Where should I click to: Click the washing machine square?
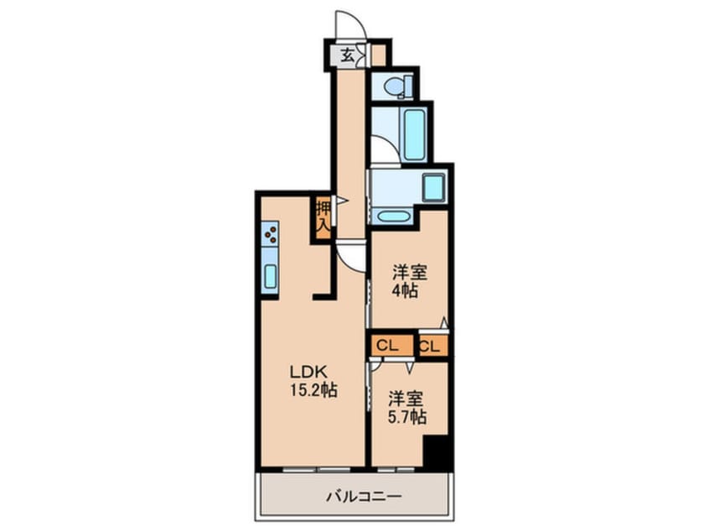433,187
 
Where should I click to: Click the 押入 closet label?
323,216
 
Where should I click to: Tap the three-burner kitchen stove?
271,233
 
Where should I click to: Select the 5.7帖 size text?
405,415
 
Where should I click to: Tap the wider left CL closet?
389,346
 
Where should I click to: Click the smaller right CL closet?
432,346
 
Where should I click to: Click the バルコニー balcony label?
363,496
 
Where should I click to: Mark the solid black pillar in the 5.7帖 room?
437,453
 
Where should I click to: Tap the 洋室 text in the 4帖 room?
411,272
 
